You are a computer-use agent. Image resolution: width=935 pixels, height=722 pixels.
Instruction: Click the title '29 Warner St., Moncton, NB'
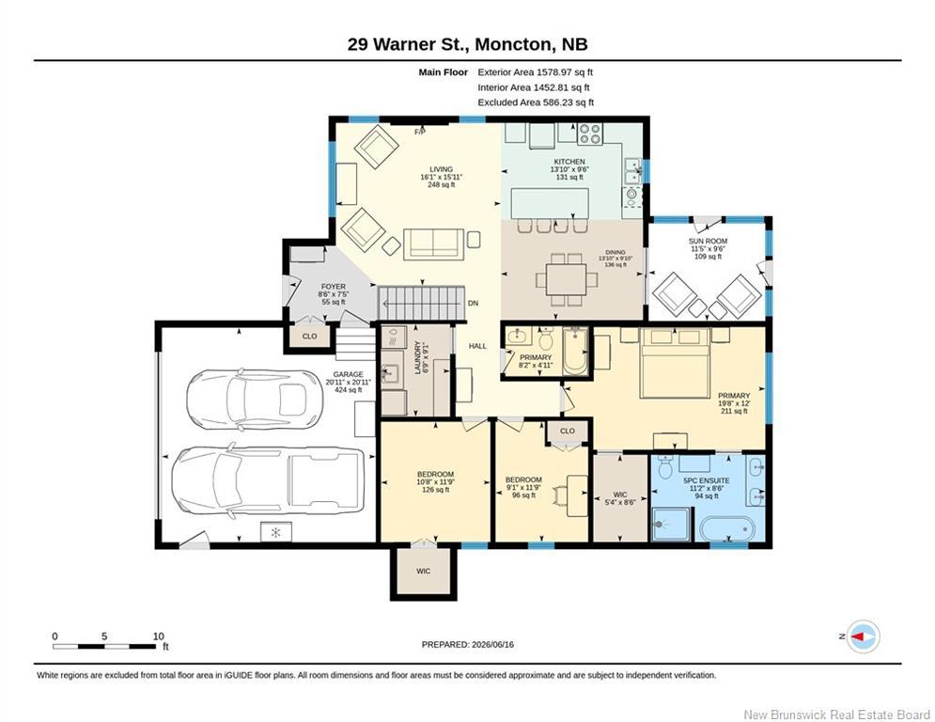click(468, 44)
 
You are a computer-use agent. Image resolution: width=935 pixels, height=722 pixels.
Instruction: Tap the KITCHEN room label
click(569, 162)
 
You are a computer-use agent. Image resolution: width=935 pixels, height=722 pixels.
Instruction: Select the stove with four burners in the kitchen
click(590, 133)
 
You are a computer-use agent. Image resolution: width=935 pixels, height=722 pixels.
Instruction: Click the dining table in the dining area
click(566, 279)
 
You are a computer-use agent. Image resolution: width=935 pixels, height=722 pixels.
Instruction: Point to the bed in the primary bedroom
click(675, 362)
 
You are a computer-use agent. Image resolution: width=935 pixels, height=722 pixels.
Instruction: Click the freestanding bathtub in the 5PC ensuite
click(727, 528)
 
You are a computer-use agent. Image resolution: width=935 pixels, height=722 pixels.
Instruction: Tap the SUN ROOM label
click(708, 241)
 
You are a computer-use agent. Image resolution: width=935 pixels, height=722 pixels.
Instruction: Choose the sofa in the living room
click(433, 244)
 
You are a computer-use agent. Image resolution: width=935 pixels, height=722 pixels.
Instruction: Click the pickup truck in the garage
click(268, 481)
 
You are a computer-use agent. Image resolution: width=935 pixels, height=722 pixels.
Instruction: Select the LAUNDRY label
click(418, 358)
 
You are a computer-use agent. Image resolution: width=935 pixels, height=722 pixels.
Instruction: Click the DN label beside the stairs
click(473, 303)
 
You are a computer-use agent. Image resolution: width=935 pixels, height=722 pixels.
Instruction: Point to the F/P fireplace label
click(420, 132)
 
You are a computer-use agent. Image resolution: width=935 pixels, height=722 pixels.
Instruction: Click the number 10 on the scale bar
click(158, 636)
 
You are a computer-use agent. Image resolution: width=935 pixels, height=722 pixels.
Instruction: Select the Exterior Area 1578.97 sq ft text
click(536, 72)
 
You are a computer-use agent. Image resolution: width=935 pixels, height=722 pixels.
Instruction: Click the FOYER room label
click(334, 287)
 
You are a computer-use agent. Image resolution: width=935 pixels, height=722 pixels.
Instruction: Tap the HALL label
click(477, 345)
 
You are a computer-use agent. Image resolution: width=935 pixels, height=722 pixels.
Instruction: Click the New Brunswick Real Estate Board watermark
click(836, 714)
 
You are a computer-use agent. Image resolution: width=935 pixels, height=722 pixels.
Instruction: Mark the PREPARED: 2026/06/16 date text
click(468, 644)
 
